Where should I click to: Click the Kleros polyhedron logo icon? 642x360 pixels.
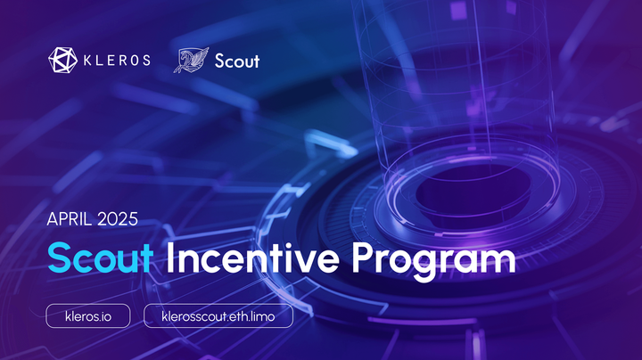point(62,61)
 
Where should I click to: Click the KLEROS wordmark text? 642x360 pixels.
point(115,61)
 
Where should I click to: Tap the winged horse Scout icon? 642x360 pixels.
point(190,61)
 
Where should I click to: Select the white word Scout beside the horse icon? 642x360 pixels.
point(237,61)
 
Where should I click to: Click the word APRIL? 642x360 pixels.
point(68,217)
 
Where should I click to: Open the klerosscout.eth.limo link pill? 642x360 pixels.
point(218,315)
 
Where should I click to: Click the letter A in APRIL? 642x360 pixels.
point(52,217)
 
